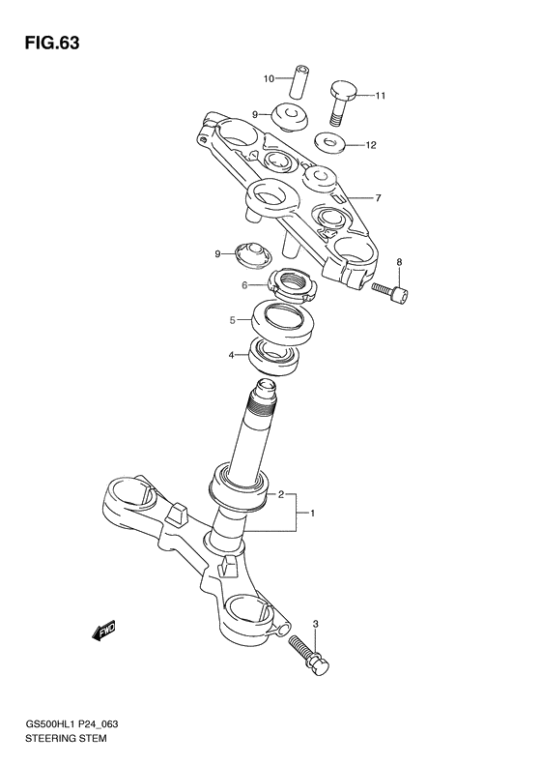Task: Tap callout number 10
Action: click(270, 77)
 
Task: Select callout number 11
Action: click(381, 96)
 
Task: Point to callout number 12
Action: click(370, 146)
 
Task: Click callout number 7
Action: click(378, 198)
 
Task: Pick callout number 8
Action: click(398, 262)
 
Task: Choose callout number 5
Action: click(233, 319)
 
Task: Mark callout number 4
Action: click(232, 355)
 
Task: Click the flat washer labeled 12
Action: click(333, 145)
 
